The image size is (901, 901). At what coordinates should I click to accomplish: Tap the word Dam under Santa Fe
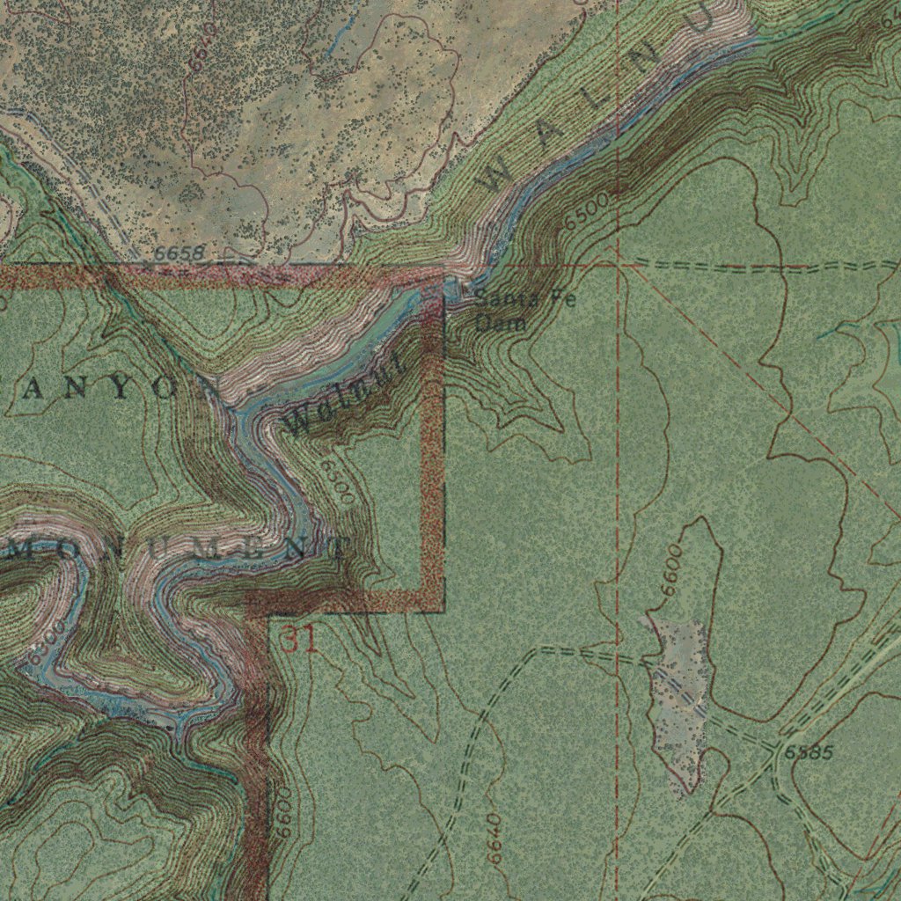click(500, 323)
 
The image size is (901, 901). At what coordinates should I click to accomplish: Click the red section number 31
click(298, 639)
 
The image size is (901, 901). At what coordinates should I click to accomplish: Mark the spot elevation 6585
click(808, 752)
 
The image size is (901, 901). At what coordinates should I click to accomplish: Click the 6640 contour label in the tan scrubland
click(201, 45)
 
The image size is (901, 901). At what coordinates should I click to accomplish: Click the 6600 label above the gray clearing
click(672, 568)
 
